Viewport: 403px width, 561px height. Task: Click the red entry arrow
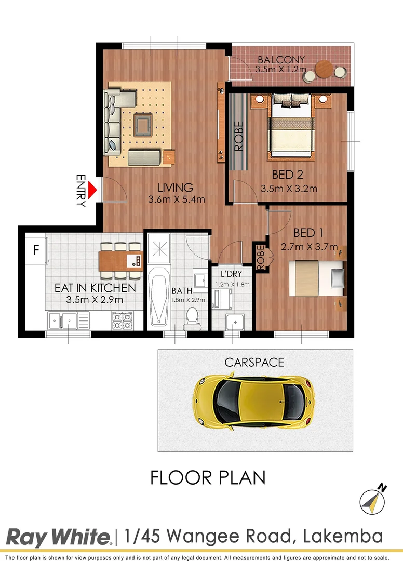click(x=92, y=190)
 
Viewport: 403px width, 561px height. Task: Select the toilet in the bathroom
click(x=192, y=318)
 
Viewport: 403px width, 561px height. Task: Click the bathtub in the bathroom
click(x=158, y=297)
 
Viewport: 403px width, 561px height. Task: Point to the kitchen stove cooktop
click(x=123, y=320)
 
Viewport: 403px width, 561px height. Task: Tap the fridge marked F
click(x=35, y=249)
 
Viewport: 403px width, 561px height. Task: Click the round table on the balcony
click(x=325, y=69)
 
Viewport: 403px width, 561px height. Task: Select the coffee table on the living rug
click(x=143, y=125)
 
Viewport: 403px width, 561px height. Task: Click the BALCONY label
click(x=281, y=59)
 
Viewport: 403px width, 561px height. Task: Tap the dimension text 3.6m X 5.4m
click(x=176, y=199)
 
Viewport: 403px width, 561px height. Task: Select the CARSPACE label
click(x=254, y=363)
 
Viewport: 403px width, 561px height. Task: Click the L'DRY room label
click(x=231, y=274)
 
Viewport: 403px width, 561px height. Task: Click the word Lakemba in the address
click(x=343, y=536)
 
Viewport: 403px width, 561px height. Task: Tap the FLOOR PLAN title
click(x=208, y=478)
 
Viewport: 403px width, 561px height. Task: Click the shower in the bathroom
click(x=159, y=249)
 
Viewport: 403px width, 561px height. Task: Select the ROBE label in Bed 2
click(x=238, y=136)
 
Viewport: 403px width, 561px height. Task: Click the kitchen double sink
click(x=68, y=320)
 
